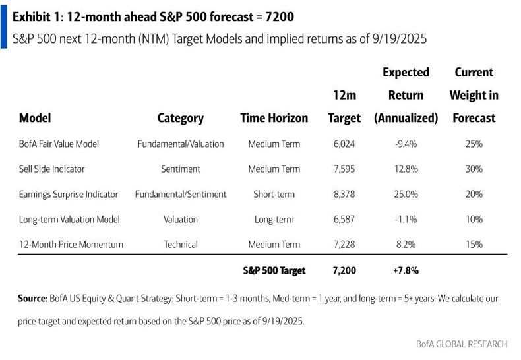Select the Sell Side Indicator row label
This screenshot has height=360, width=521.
52,169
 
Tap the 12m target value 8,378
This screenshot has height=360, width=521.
344,194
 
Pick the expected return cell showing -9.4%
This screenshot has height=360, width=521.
406,144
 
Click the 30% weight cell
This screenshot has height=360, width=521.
474,169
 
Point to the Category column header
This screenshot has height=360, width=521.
180,119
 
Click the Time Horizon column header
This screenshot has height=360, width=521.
274,119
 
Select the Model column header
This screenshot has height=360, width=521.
35,119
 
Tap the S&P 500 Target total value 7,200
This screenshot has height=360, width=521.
344,270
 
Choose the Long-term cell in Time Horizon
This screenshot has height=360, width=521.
274,219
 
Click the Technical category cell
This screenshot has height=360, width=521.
180,244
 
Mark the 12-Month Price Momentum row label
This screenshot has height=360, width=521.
71,244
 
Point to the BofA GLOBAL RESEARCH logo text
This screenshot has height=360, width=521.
462,344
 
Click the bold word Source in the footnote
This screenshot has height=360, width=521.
32,299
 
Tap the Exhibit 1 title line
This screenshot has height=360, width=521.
148,15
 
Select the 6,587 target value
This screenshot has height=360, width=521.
344,219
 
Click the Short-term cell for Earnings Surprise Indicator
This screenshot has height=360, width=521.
274,194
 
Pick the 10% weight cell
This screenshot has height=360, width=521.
474,219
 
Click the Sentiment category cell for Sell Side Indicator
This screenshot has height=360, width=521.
180,169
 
